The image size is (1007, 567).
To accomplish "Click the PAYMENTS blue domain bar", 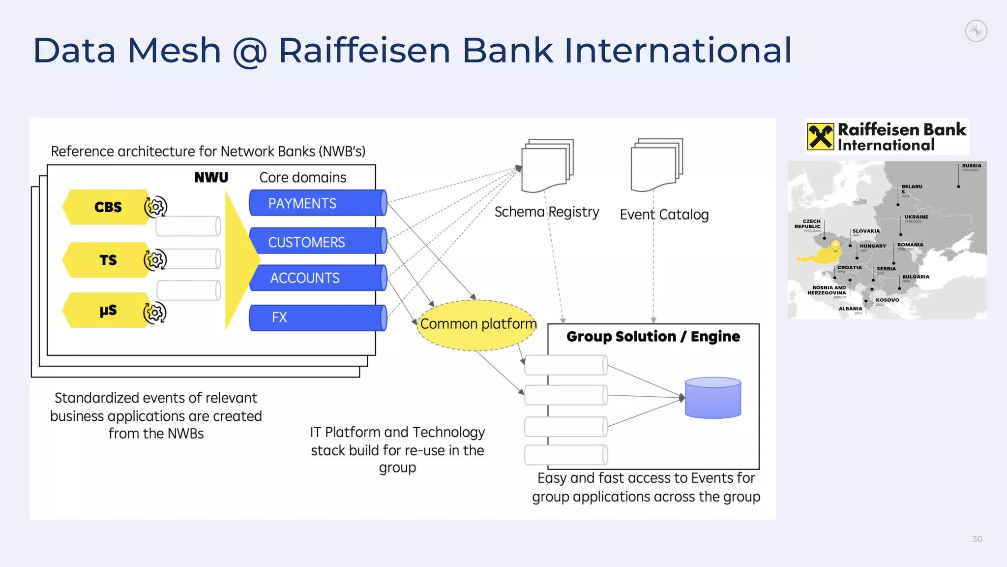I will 317,203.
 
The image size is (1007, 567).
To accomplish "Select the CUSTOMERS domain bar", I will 317,241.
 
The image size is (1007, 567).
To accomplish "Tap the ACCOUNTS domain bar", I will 317,278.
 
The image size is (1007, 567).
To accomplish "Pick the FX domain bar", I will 317,317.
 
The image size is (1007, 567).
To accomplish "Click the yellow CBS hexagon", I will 107,207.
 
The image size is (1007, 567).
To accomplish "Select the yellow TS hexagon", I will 107,260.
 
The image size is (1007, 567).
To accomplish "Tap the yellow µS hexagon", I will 107,310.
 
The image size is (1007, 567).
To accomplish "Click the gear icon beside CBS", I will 155,207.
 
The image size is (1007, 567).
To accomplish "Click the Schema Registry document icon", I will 547,166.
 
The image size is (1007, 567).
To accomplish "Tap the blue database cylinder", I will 712,398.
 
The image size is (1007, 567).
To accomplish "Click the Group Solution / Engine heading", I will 653,337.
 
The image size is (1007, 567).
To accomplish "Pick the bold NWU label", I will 211,177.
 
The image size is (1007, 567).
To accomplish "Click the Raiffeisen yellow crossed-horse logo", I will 820,137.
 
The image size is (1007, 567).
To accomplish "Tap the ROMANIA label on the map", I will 910,245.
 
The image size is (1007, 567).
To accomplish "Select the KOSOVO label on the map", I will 887,300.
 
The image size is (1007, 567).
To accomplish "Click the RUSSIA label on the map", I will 971,166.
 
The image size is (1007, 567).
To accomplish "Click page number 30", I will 977,539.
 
